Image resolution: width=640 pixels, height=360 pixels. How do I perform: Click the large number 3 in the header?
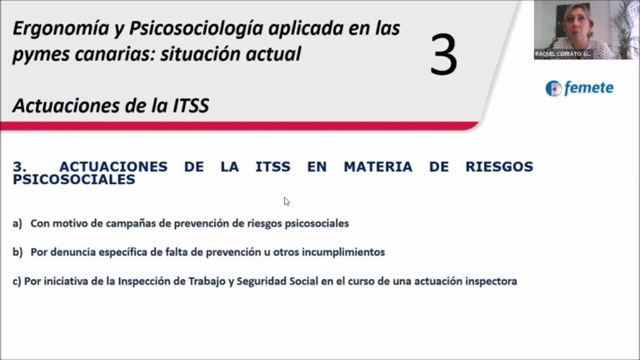click(x=443, y=55)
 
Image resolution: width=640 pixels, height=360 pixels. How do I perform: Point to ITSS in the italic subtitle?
click(x=191, y=106)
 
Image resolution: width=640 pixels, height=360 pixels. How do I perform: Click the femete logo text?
click(x=588, y=87)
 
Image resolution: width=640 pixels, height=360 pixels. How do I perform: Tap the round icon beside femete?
click(x=553, y=88)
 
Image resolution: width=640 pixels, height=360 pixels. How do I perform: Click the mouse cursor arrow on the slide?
click(x=287, y=202)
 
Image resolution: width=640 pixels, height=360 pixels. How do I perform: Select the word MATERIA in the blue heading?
click(x=378, y=167)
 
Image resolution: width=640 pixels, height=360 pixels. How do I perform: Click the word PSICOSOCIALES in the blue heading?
click(x=74, y=180)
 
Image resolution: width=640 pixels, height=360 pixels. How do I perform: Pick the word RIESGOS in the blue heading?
click(x=499, y=167)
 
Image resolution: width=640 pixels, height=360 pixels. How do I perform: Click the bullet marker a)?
click(x=17, y=223)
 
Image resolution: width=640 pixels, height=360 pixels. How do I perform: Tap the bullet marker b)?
click(x=17, y=252)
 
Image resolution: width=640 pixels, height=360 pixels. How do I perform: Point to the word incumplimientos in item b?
click(x=343, y=252)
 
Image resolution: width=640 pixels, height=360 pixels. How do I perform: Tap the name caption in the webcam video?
click(x=562, y=54)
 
